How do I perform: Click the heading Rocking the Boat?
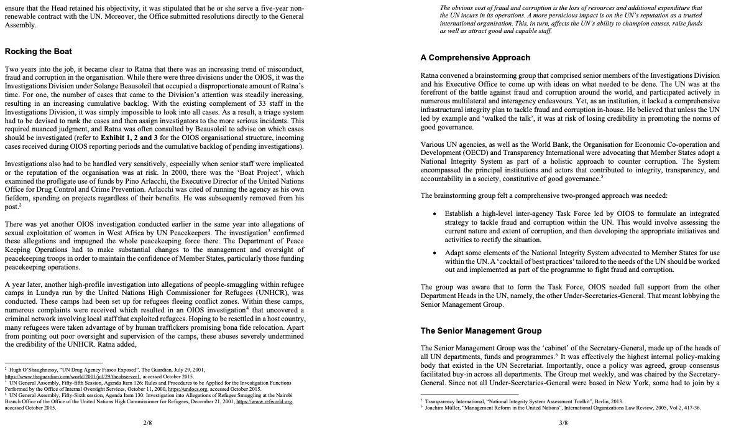(38, 51)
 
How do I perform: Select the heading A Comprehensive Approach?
(475, 58)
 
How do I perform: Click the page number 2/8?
(147, 423)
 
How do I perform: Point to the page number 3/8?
(563, 423)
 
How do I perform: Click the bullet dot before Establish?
(434, 213)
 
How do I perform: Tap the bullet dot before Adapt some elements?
(434, 253)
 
